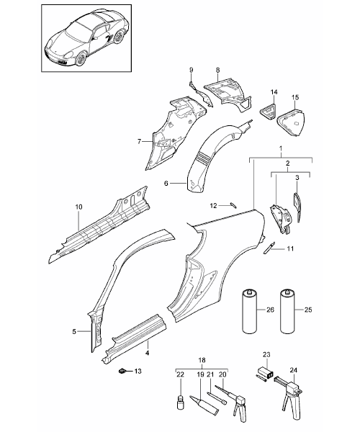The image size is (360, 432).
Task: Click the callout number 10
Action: tap(78, 207)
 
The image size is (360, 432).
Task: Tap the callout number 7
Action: tap(140, 142)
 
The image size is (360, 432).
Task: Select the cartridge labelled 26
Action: tap(249, 311)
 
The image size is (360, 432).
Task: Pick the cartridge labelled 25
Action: tap(287, 311)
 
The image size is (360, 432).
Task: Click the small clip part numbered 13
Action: tap(121, 371)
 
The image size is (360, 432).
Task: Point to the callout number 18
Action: tap(202, 361)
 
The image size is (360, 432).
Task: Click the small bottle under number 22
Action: tap(180, 395)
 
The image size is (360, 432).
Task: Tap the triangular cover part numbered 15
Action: tap(291, 123)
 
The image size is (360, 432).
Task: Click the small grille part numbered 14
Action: tap(268, 112)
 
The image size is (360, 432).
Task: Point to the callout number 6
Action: tap(166, 183)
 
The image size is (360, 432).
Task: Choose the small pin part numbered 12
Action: tap(233, 205)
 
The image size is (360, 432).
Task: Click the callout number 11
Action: tap(290, 249)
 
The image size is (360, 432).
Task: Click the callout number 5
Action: tap(74, 331)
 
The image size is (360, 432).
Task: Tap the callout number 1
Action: tap(281, 149)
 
